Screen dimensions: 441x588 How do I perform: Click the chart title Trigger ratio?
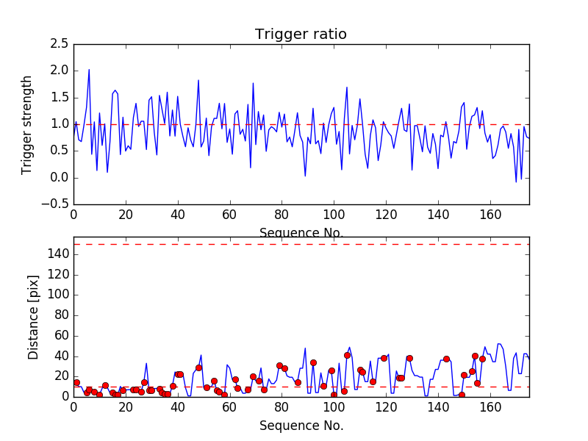tap(301, 35)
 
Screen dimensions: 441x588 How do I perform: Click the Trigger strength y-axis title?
tap(27, 124)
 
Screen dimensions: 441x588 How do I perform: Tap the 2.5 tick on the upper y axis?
tap(60, 44)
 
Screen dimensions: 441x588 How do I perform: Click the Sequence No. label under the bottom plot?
tap(301, 426)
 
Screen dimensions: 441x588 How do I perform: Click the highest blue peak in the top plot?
tap(89, 70)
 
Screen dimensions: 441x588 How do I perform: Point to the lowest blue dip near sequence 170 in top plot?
tap(516, 182)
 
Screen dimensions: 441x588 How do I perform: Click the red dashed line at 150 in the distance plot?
tap(301, 244)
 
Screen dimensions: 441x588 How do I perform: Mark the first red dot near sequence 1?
tap(76, 382)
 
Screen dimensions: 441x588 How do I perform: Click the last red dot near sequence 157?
tap(482, 359)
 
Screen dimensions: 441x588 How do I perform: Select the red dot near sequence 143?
tap(446, 359)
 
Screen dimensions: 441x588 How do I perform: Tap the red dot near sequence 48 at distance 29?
tap(198, 367)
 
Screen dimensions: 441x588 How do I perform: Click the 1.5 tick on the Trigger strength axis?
tap(60, 98)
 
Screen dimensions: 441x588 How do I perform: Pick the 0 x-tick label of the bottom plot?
tap(73, 406)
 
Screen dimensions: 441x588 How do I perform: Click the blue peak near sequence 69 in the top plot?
tap(253, 83)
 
